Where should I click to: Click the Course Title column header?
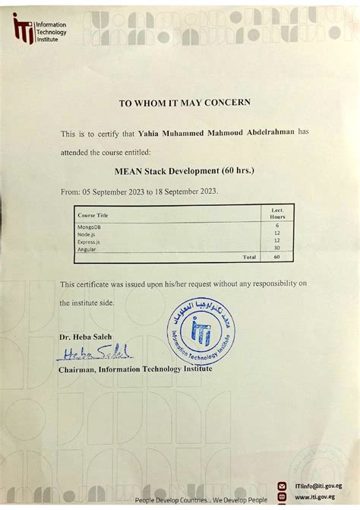click(93, 216)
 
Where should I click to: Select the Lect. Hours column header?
click(276, 213)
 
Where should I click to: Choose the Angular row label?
click(87, 249)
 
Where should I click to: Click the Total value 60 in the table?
click(277, 257)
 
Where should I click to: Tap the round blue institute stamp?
click(201, 331)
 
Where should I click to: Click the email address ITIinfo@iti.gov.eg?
click(317, 484)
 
